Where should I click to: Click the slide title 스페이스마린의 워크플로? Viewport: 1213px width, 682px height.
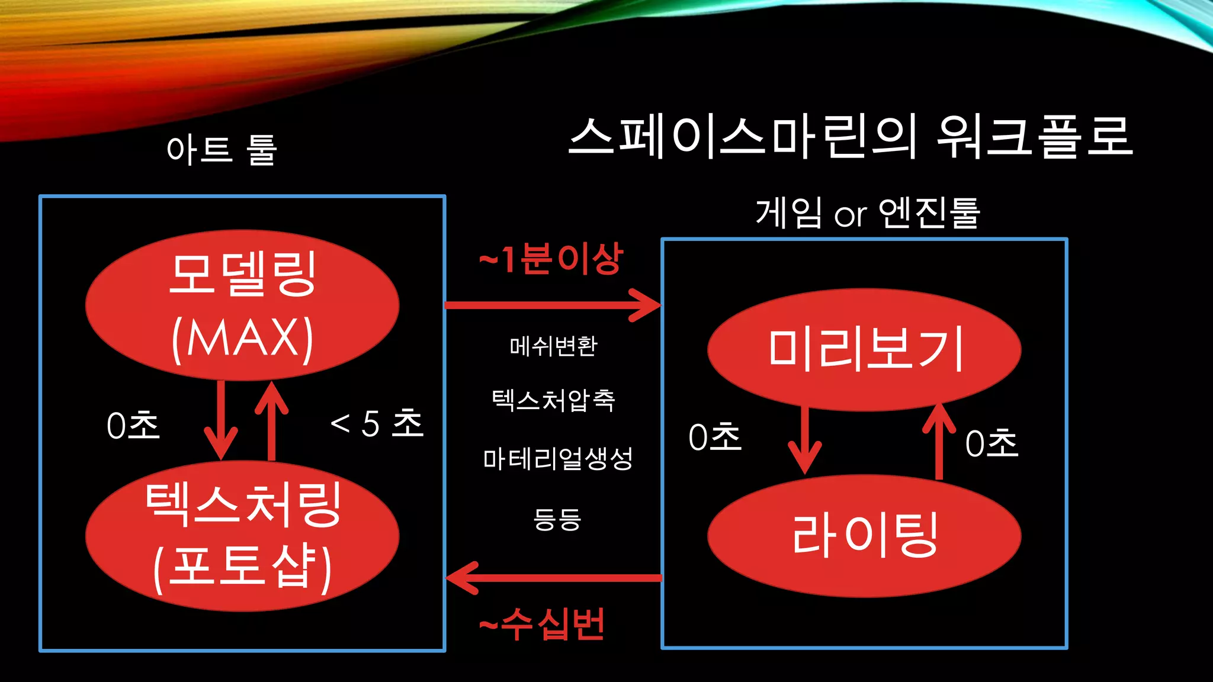tap(851, 137)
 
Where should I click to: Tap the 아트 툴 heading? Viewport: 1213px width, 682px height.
tap(222, 149)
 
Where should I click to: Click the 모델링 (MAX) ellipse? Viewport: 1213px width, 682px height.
tap(242, 305)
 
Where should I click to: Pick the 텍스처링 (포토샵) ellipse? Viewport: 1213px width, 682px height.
tap(242, 536)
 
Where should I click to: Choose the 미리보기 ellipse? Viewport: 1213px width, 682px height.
tap(864, 349)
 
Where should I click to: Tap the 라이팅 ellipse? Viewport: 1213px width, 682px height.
tap(864, 535)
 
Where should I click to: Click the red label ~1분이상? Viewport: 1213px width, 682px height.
tap(551, 259)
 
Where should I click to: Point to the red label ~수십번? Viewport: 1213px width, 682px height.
tap(541, 624)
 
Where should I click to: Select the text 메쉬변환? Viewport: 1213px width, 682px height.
tap(553, 346)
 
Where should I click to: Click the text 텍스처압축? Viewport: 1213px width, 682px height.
tap(553, 401)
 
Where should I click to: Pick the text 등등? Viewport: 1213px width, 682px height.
tap(557, 519)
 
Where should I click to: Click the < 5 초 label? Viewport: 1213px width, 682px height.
tap(377, 423)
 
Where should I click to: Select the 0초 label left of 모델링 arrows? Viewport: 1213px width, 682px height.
tap(133, 426)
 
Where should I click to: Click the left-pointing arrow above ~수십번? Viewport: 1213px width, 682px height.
tap(553, 577)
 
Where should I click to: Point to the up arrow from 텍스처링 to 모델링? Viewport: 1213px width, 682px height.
tap(271, 420)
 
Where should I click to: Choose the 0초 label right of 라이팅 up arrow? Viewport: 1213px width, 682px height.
tap(991, 443)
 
